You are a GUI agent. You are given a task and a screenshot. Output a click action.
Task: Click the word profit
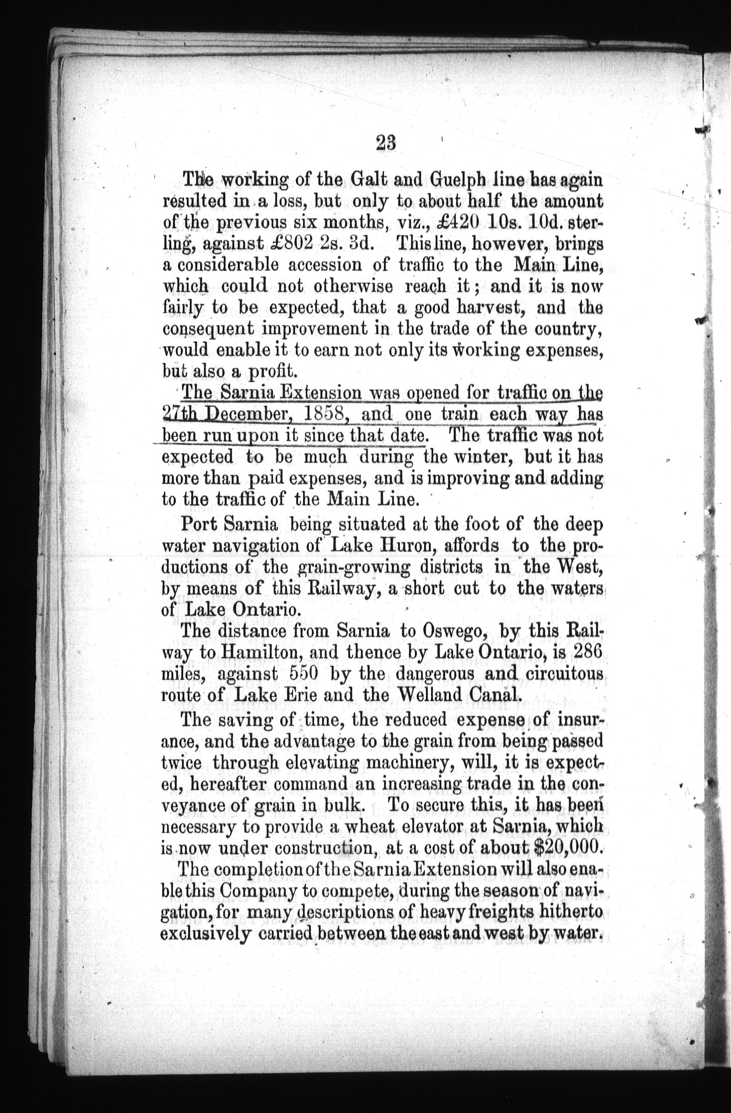pos(273,372)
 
